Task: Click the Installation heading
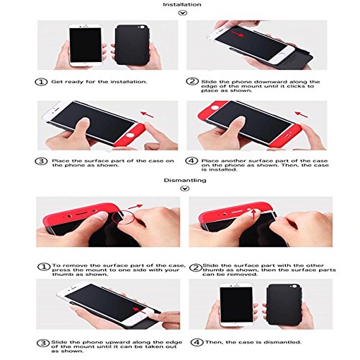[x=182, y=4]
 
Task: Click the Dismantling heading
[x=185, y=180]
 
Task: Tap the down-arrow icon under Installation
[x=183, y=13]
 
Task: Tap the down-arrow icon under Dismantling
[x=184, y=189]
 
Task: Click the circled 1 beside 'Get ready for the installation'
[x=41, y=82]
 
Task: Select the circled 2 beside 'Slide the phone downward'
[x=192, y=81]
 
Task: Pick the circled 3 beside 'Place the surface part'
[x=41, y=161]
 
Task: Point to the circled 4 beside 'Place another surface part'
[x=192, y=161]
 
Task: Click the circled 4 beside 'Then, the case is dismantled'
[x=197, y=342]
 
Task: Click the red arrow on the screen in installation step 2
[x=238, y=34]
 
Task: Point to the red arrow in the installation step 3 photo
[x=147, y=114]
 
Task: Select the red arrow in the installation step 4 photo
[x=301, y=114]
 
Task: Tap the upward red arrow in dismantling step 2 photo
[x=253, y=214]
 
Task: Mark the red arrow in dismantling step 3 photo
[x=139, y=310]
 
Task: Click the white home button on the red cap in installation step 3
[x=130, y=135]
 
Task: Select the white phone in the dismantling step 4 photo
[x=236, y=305]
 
